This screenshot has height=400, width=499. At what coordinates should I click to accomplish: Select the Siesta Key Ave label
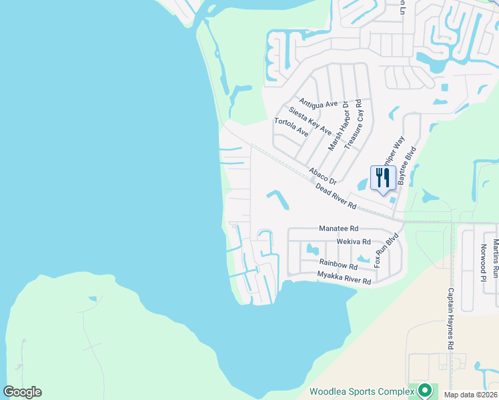(310, 121)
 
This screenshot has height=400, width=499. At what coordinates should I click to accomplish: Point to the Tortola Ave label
(292, 127)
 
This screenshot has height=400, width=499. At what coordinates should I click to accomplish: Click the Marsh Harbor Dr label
(337, 122)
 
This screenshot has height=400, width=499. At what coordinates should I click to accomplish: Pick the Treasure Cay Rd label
(354, 124)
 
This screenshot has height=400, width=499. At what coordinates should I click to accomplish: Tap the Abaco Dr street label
(323, 176)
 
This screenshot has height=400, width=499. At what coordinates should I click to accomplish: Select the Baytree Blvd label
(407, 165)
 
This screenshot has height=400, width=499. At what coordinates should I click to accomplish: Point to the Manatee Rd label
(339, 227)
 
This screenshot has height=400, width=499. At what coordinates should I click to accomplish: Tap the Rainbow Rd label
(334, 263)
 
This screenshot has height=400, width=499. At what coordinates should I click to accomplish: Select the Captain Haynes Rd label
(450, 319)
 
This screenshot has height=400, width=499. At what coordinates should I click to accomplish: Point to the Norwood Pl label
(484, 259)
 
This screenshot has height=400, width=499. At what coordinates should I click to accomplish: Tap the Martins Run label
(496, 259)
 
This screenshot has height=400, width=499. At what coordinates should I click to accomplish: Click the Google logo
(22, 392)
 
